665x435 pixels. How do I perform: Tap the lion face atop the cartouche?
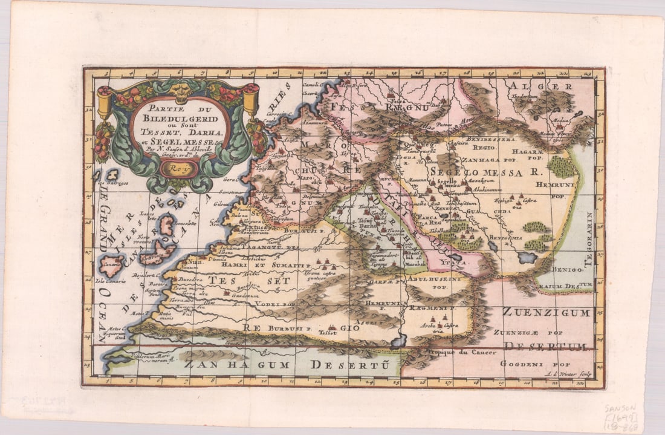pyautogui.click(x=180, y=89)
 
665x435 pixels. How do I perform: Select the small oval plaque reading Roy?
pyautogui.click(x=179, y=169)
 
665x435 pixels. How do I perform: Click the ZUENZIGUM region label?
pyautogui.click(x=545, y=313)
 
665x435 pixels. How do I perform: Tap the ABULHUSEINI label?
pyautogui.click(x=433, y=279)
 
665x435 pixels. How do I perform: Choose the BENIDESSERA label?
pyautogui.click(x=485, y=139)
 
